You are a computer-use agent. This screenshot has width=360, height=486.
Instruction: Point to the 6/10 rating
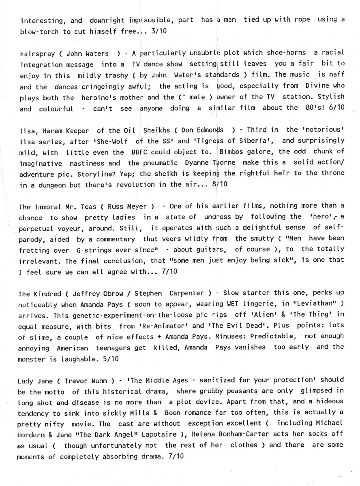click(336, 108)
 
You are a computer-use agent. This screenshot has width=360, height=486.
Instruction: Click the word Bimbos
click(233, 151)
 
